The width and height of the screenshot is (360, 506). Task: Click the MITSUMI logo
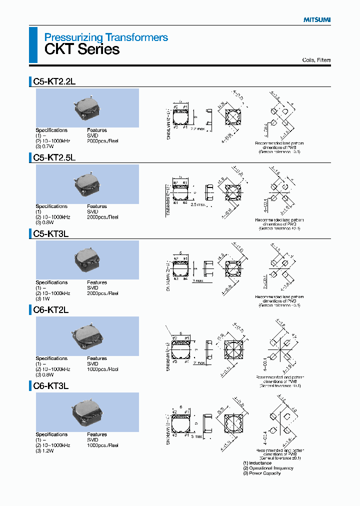click(317, 19)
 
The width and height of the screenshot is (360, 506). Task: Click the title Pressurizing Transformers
click(106, 37)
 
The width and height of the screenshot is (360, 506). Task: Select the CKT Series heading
click(82, 49)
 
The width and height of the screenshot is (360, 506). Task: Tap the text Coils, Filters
click(316, 60)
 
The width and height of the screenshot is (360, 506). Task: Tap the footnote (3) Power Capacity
click(261, 473)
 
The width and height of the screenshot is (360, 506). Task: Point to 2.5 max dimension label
click(198, 204)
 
